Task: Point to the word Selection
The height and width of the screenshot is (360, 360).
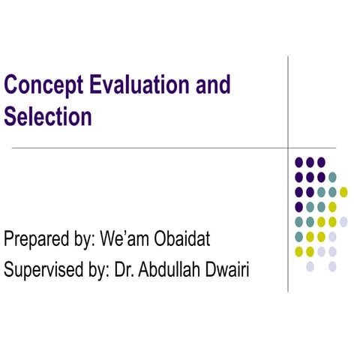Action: tap(48, 117)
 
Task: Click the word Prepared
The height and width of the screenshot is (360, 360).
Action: tap(37, 241)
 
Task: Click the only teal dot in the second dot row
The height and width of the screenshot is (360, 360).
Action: tap(332, 177)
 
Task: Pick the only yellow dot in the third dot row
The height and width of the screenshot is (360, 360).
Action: tap(343, 192)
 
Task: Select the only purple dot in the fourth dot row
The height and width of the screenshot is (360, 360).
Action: tap(299, 206)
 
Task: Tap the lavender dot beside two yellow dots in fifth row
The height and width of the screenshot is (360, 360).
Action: tap(343, 221)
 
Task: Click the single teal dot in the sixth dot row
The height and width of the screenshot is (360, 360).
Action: tap(299, 236)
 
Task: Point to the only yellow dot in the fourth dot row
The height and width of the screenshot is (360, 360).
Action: tap(332, 206)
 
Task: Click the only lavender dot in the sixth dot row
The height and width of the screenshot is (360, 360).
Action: tap(332, 236)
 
